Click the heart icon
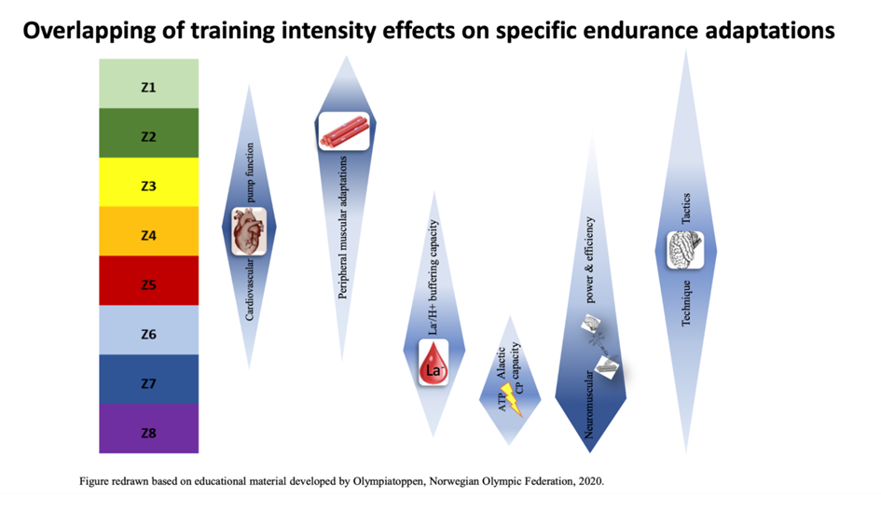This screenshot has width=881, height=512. [x=249, y=230]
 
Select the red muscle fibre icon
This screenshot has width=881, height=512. [x=345, y=131]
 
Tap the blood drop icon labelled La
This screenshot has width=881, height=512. [x=434, y=363]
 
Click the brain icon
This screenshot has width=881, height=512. [x=685, y=248]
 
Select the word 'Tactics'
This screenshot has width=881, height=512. [x=685, y=209]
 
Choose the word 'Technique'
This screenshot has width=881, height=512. [x=685, y=300]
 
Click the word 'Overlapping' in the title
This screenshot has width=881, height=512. [x=99, y=32]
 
